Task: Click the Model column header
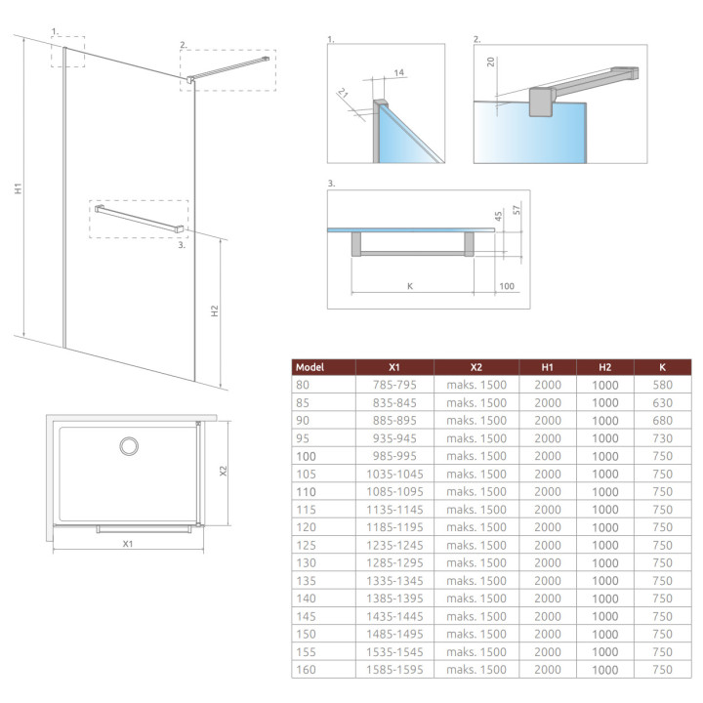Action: [310, 367]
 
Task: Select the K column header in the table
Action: [662, 367]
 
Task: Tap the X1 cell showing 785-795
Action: [393, 385]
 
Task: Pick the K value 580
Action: [662, 385]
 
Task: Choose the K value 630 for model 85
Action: [662, 402]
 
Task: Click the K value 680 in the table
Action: [662, 420]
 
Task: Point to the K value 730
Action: [662, 438]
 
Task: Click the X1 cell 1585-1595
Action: [393, 670]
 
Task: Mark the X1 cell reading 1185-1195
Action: [393, 527]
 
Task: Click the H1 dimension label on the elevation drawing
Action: [19, 187]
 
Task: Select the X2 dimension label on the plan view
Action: [224, 471]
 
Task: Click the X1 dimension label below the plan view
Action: [127, 543]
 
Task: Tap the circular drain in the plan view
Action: [129, 446]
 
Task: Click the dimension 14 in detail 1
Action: [400, 72]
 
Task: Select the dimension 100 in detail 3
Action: [506, 286]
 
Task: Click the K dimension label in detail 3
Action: [410, 286]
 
